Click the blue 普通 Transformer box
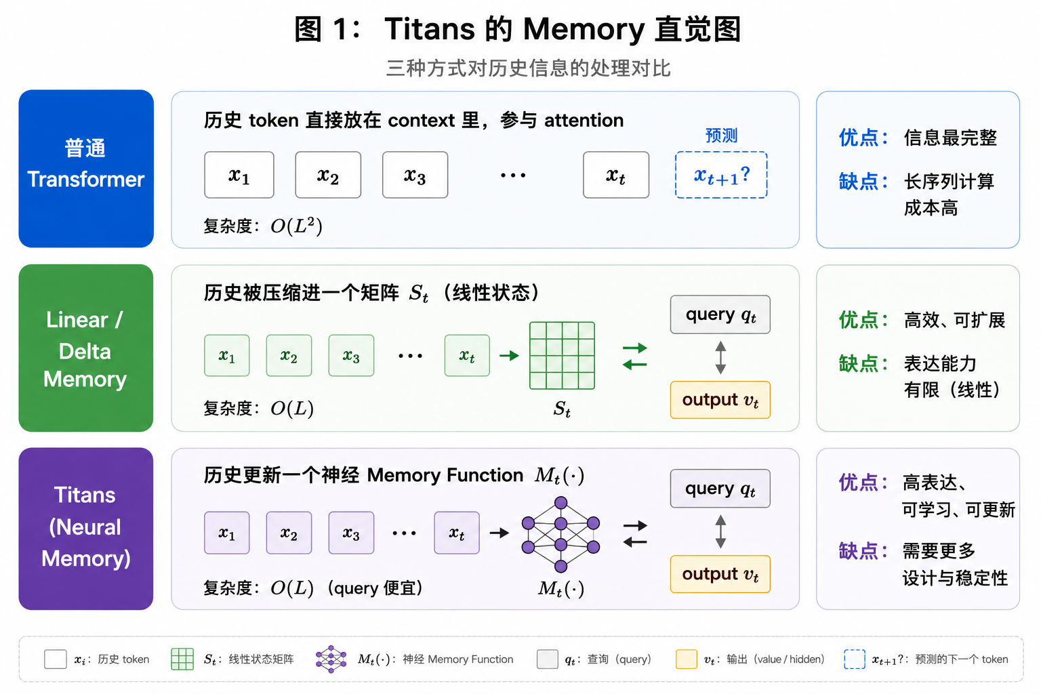click(86, 169)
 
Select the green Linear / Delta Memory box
click(86, 348)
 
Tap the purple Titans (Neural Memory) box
click(86, 529)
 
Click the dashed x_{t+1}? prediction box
click(721, 175)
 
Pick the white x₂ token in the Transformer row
click(328, 175)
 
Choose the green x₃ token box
click(351, 356)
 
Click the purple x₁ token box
click(227, 533)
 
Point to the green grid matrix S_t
click(562, 356)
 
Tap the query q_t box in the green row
click(720, 314)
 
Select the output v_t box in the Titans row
click(720, 574)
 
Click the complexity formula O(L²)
click(296, 226)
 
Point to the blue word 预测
click(721, 136)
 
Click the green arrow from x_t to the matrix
click(510, 356)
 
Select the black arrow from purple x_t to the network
click(499, 533)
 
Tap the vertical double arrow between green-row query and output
click(720, 357)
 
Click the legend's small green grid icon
click(182, 659)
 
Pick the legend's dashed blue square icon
click(854, 659)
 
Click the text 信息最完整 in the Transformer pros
click(950, 138)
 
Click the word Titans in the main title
click(430, 29)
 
